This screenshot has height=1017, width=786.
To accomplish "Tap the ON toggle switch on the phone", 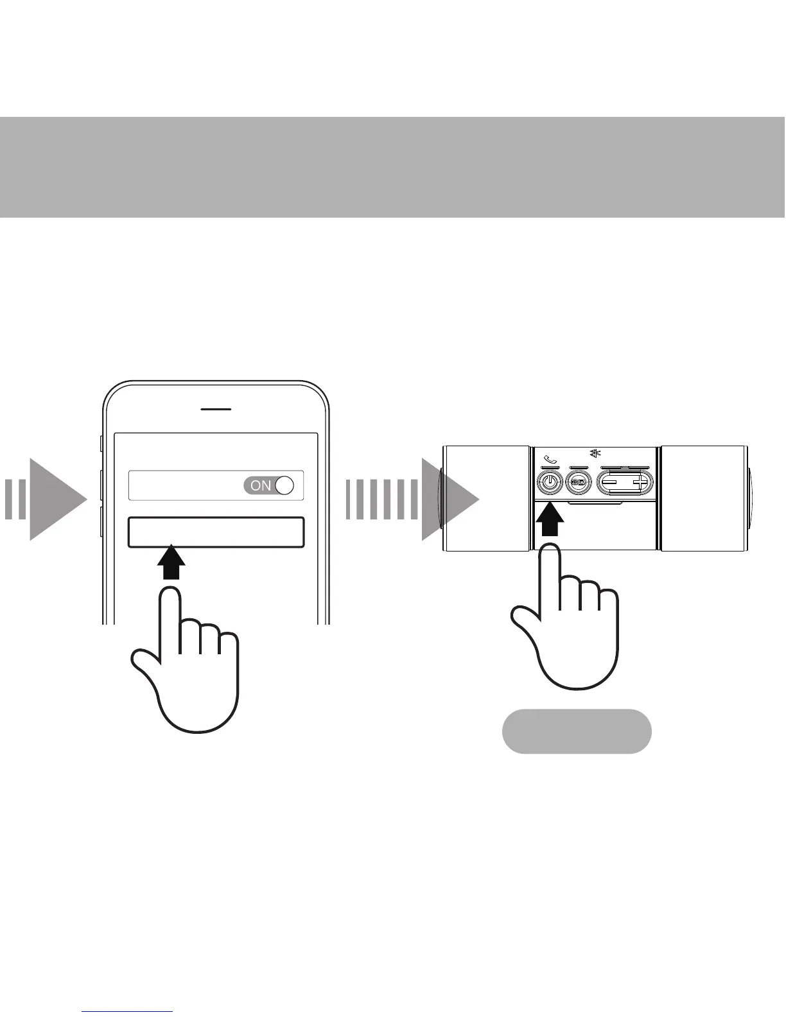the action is click(268, 485).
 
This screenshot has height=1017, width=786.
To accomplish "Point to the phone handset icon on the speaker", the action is click(550, 460).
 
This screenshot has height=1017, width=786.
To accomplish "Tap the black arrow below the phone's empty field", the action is click(171, 564).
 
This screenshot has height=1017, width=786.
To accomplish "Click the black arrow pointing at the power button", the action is click(550, 521).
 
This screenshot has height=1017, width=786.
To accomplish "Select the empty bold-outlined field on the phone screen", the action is click(216, 532).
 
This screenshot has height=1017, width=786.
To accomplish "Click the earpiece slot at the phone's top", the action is click(216, 409).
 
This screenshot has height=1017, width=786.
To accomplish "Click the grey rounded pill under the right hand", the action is click(576, 731).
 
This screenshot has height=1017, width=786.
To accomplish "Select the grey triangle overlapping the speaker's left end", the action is click(450, 499).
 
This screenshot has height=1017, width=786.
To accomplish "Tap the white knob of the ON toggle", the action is click(284, 485).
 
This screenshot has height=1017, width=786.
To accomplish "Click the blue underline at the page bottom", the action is click(128, 1011).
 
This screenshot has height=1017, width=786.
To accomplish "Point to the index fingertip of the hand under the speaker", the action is click(550, 553).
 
